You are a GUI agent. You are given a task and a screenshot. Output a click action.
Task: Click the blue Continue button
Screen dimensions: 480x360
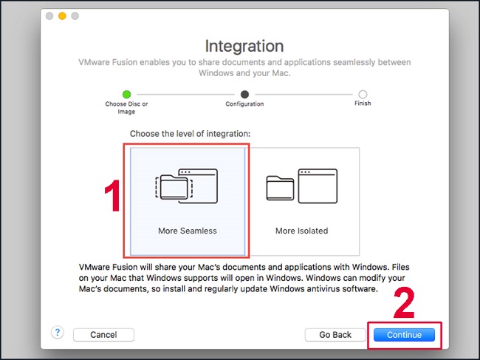[404, 335]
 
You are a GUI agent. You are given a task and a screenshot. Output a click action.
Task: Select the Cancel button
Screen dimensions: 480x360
[103, 335]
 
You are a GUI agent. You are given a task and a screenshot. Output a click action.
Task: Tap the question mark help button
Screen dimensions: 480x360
[58, 333]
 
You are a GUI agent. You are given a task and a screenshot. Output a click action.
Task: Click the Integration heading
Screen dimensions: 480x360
[244, 47]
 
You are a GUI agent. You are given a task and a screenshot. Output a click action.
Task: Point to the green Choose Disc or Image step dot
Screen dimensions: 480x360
[126, 95]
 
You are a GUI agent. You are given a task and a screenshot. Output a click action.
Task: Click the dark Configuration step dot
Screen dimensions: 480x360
[244, 95]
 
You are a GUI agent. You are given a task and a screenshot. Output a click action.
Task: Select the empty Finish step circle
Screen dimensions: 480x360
[363, 95]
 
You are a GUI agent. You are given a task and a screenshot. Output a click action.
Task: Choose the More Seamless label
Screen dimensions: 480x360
[188, 231]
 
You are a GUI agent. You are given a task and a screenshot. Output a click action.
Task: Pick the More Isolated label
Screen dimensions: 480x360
[301, 231]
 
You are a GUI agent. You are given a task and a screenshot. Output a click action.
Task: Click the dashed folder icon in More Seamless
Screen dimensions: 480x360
[174, 187]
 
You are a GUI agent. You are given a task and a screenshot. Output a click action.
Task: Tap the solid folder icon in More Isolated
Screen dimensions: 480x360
[280, 188]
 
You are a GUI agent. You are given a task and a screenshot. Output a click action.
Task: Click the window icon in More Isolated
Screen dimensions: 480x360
[318, 186]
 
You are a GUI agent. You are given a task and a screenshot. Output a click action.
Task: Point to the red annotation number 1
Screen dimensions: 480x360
[113, 195]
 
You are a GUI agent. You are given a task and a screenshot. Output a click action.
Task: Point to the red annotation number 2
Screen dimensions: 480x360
[404, 303]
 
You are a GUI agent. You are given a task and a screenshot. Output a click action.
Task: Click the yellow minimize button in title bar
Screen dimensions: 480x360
[62, 16]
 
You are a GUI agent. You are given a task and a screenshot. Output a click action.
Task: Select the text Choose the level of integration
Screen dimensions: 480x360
[190, 134]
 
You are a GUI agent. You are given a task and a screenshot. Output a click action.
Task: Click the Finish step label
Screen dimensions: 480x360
[363, 103]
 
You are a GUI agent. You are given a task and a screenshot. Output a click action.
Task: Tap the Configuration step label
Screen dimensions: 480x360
[244, 104]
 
